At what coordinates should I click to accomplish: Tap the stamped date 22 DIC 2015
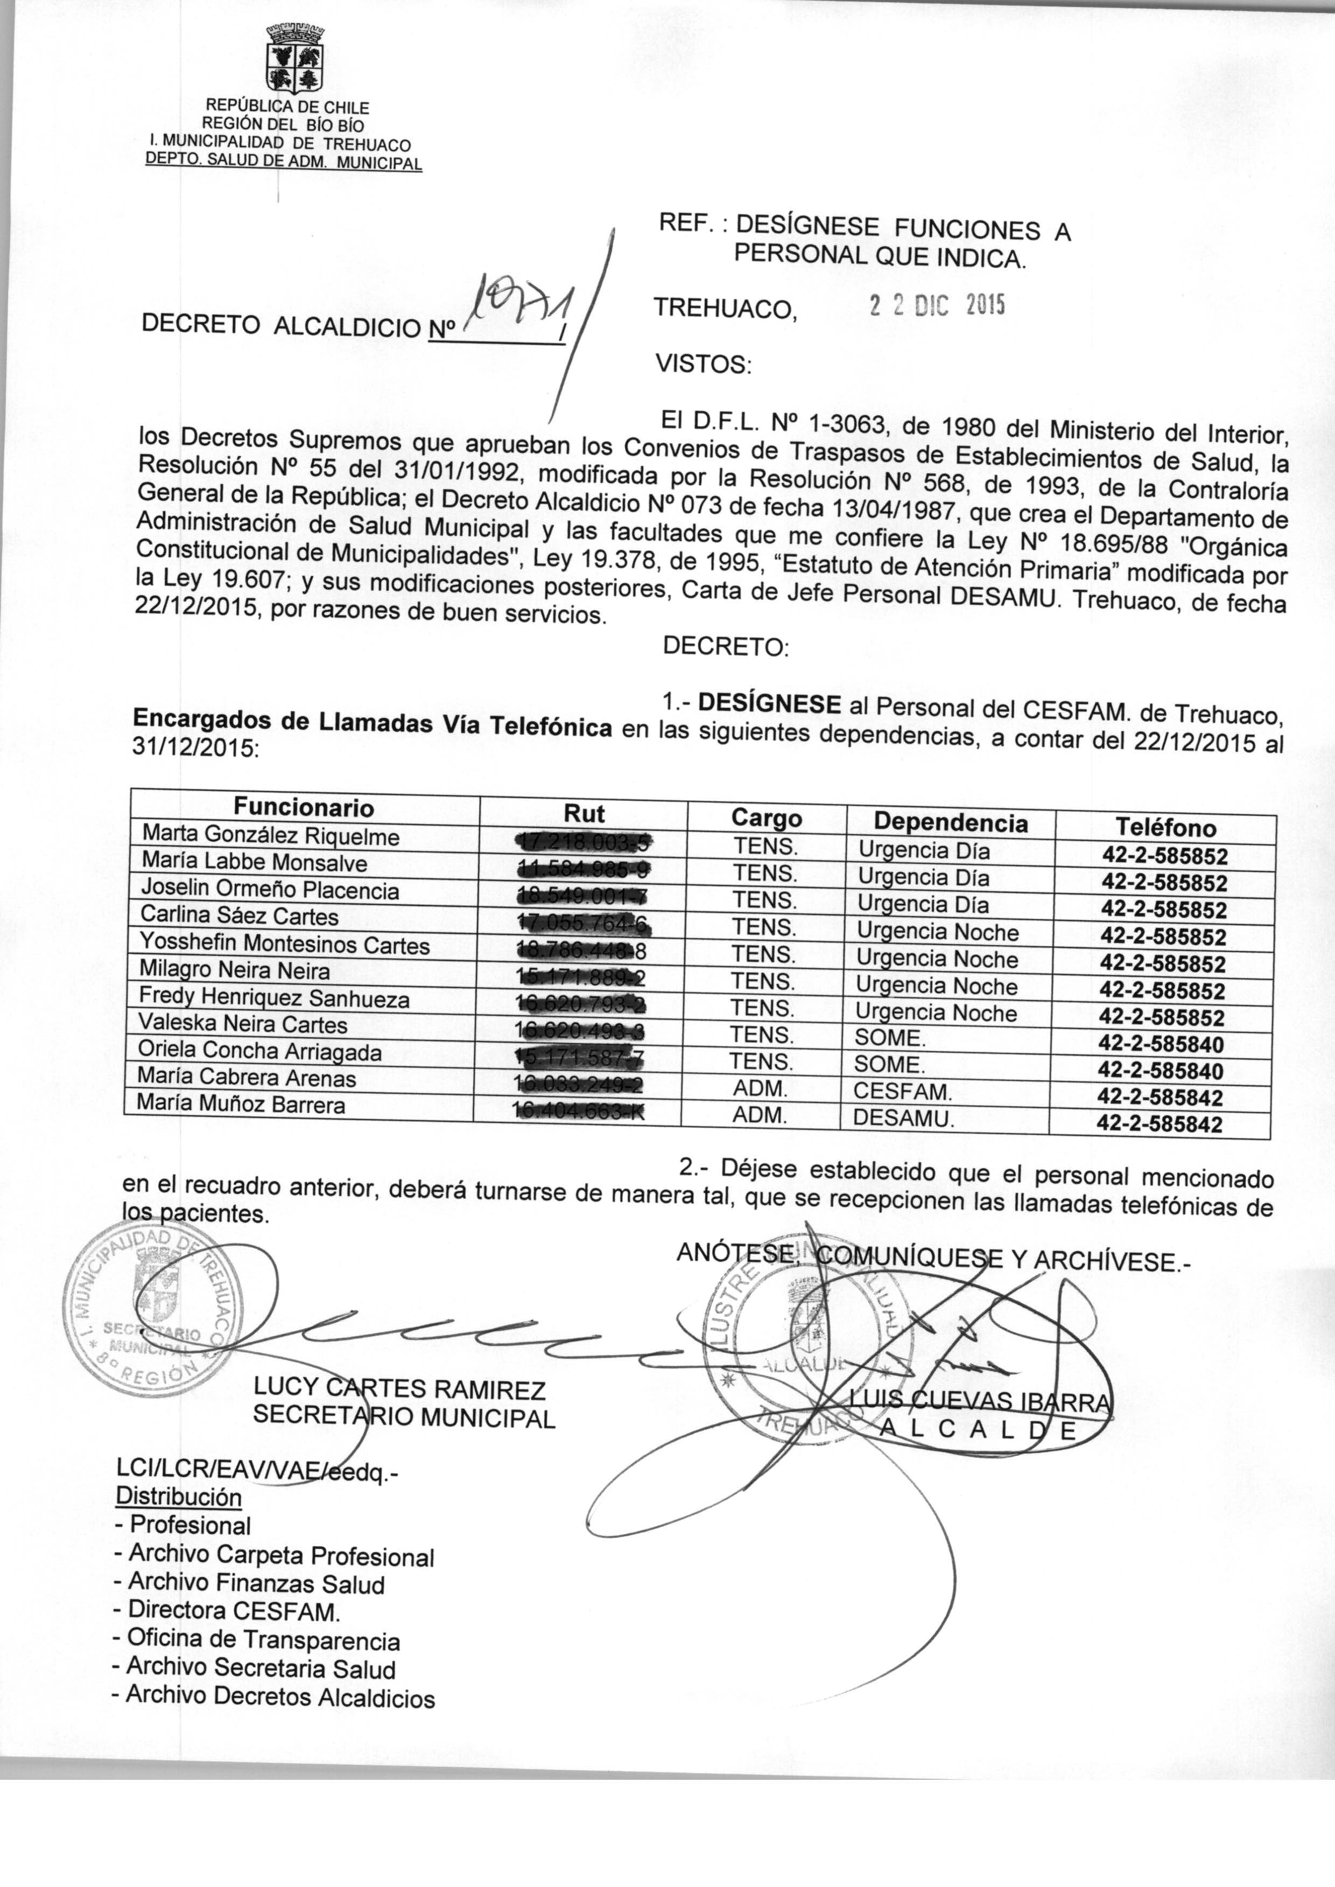point(936,306)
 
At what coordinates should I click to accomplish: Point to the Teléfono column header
point(1165,826)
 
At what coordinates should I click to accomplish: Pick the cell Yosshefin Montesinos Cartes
point(284,944)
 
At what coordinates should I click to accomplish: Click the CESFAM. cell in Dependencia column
point(903,1092)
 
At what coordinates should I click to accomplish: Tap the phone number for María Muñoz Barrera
point(1160,1124)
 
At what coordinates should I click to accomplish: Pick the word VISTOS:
point(703,364)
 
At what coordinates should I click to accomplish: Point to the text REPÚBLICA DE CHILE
point(287,107)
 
